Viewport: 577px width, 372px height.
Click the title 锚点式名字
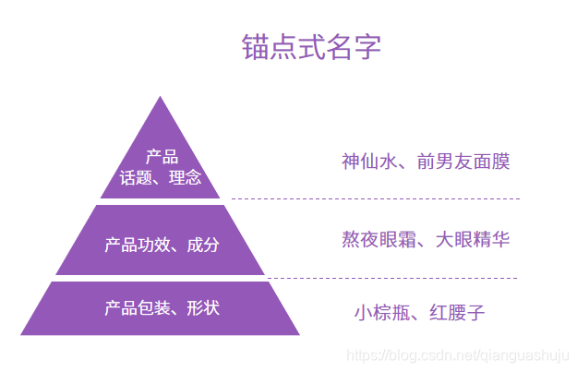[311, 48]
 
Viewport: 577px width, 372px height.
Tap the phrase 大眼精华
[473, 240]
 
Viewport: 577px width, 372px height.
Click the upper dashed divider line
[375, 198]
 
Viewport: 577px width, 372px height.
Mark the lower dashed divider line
[391, 278]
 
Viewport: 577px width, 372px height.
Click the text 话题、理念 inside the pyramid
[161, 177]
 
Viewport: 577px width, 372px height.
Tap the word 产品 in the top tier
[161, 157]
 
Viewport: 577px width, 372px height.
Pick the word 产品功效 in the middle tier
[135, 245]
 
